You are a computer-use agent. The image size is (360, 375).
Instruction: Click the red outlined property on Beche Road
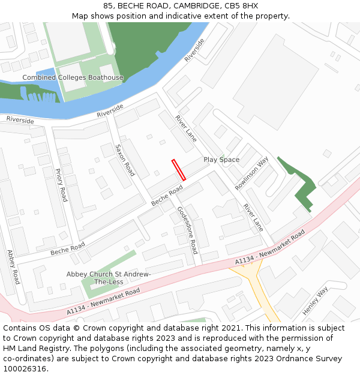coord(179,170)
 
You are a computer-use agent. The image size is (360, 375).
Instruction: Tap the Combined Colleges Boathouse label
coord(73,77)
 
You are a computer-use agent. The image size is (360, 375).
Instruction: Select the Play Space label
coord(221,160)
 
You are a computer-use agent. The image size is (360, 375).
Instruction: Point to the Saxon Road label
coord(125,160)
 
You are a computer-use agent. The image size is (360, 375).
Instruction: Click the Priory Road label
coord(61,185)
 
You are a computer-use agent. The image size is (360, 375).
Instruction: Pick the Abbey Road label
coord(13,267)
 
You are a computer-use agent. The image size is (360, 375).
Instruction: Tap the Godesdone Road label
coord(187,230)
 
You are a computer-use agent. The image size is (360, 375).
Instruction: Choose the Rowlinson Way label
coord(251,174)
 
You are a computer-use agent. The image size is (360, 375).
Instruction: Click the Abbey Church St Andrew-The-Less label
coord(108,278)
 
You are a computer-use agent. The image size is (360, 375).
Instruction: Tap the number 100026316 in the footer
coord(25,369)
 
